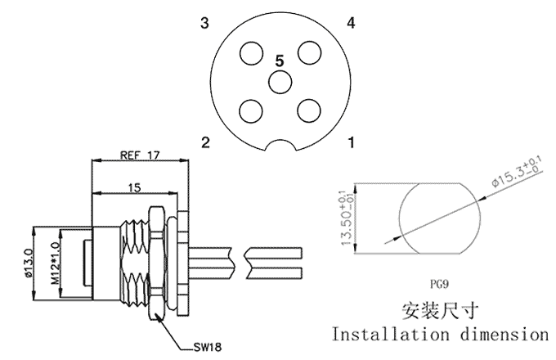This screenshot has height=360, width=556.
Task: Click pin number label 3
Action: click(205, 23)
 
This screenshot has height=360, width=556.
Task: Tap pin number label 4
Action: click(351, 23)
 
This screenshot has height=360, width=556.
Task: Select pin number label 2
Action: click(206, 143)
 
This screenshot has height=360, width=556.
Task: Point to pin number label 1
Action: click(351, 143)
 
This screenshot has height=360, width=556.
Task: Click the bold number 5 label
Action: click(280, 61)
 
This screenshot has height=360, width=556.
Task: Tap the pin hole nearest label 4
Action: click(308, 54)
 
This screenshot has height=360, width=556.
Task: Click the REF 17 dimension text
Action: click(139, 153)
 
